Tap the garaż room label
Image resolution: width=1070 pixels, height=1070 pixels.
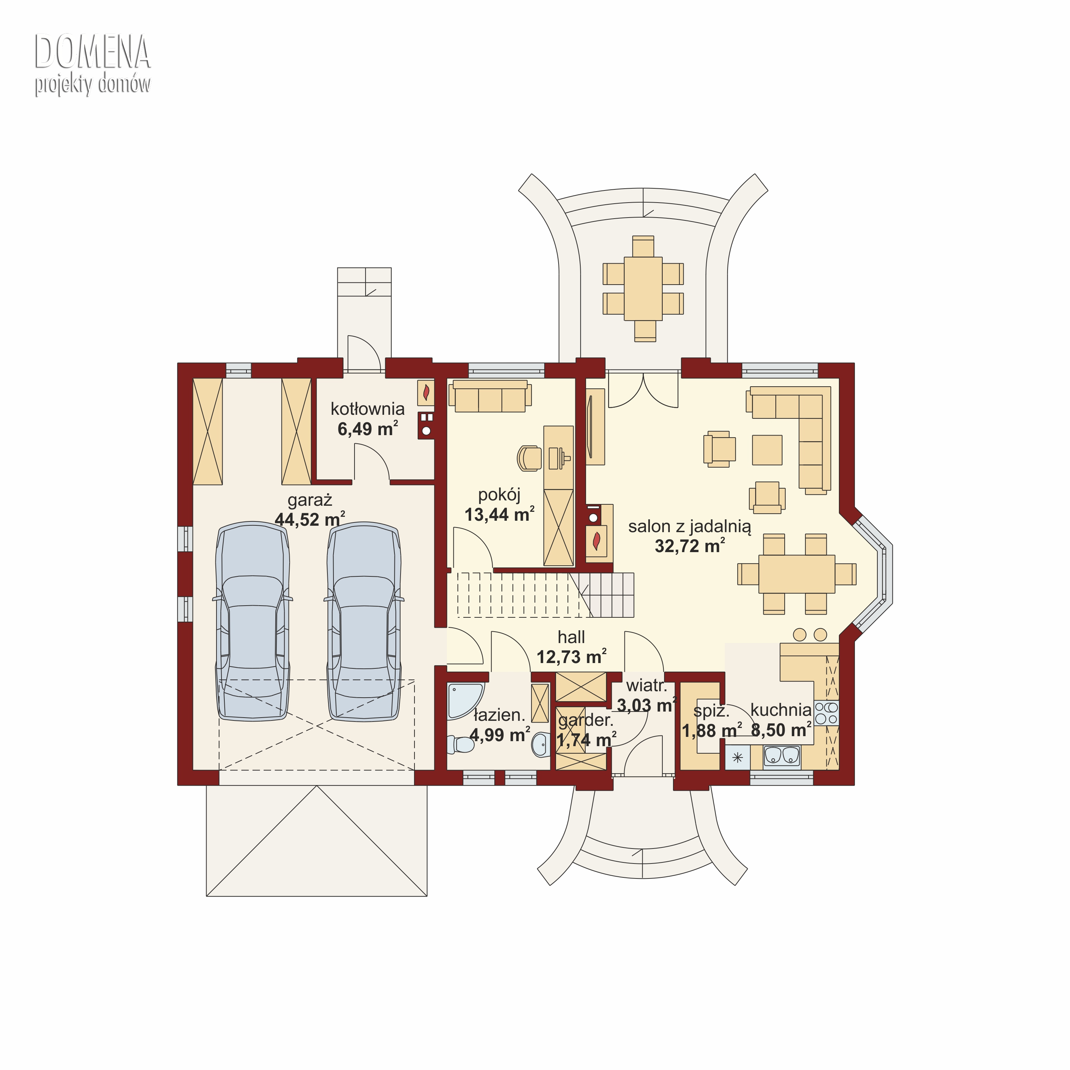[310, 500]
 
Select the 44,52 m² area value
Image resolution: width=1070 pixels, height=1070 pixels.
[310, 520]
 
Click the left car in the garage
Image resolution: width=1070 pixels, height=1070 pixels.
[253, 621]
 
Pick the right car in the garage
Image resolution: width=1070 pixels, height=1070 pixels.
[364, 621]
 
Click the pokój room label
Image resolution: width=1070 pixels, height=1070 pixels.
[499, 495]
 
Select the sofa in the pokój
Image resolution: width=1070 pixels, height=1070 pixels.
[490, 396]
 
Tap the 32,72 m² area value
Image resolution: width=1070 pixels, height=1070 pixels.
[689, 546]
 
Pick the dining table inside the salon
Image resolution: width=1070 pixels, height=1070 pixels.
[796, 574]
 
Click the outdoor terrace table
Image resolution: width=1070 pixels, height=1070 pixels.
[643, 289]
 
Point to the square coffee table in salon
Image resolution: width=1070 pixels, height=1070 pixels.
[767, 450]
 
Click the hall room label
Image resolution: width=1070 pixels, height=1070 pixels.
[571, 637]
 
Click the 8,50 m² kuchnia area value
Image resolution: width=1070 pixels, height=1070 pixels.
[781, 730]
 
